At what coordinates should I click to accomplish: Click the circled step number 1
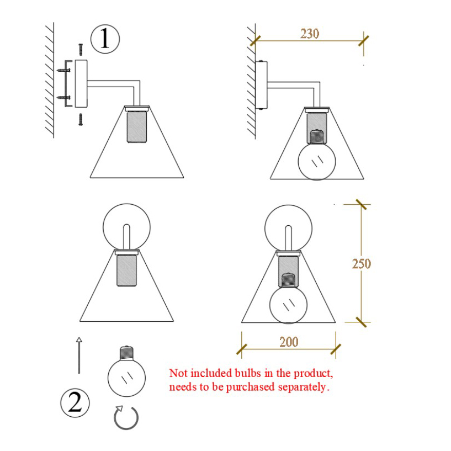105,39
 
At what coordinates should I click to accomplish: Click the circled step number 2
75,403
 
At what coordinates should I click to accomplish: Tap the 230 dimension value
310,34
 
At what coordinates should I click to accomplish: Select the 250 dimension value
361,264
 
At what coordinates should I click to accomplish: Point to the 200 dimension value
289,342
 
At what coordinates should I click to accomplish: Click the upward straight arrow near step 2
79,356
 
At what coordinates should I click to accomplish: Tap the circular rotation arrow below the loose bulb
126,418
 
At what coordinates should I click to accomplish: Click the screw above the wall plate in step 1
81,50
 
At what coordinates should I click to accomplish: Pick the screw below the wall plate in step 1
81,120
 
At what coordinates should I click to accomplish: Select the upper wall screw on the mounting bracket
63,70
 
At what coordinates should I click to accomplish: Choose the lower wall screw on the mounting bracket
63,98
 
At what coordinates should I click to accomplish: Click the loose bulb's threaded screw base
127,353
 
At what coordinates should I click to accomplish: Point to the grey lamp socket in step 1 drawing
136,127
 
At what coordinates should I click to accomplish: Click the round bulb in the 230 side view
317,161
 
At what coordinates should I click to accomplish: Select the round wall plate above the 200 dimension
288,229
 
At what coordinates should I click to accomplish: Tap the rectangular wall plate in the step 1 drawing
81,84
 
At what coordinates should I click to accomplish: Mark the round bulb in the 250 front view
288,305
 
